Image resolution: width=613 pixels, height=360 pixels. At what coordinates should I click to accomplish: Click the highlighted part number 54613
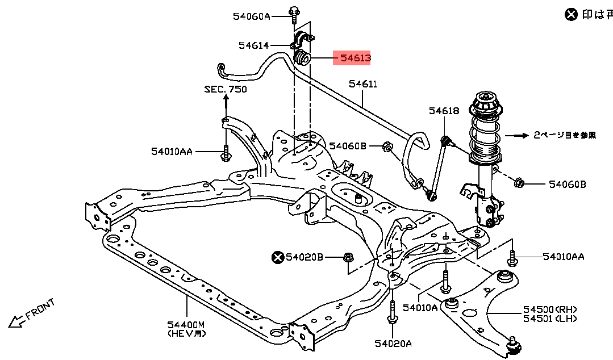[x=355, y=58]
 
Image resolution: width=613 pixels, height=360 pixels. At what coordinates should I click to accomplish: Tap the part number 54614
[x=253, y=45]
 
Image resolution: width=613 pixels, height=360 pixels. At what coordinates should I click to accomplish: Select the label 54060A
[x=251, y=16]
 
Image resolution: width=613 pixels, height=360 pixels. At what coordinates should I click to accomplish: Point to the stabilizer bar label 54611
[x=363, y=84]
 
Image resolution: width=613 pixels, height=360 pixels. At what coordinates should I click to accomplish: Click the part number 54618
[x=444, y=111]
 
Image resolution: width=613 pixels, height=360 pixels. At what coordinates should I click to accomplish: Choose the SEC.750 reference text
[x=226, y=90]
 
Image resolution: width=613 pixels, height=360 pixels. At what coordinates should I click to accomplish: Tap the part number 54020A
[x=393, y=343]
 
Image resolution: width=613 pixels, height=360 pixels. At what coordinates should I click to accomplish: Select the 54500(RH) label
[x=550, y=309]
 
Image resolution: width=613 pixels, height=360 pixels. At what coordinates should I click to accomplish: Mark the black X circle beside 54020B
[x=277, y=258]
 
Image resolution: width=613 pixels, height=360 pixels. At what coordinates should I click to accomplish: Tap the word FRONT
[x=40, y=309]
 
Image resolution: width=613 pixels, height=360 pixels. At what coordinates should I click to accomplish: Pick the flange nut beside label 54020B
[x=348, y=258]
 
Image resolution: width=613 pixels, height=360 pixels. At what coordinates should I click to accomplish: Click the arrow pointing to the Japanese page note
[x=516, y=135]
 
